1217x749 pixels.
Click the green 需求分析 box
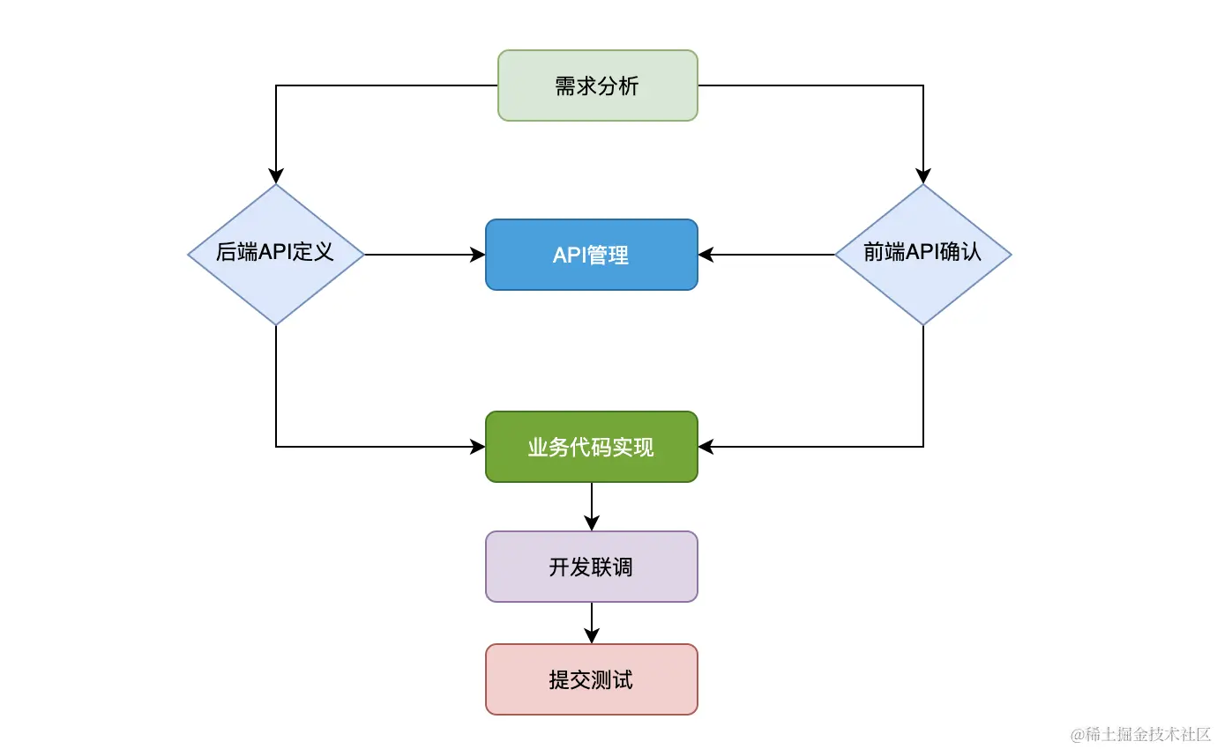coord(597,85)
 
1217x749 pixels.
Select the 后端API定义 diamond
coord(276,255)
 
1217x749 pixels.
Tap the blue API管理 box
coord(591,255)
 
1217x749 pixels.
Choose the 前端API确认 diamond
coord(922,255)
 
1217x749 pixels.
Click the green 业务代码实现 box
coord(591,447)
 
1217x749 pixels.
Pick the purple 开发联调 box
coord(591,567)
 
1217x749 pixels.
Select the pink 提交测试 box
coord(591,679)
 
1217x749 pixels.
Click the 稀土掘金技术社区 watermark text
coord(1141,734)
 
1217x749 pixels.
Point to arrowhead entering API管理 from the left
coord(478,255)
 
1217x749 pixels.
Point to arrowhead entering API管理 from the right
coord(706,255)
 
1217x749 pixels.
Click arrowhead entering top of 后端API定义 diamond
coord(276,176)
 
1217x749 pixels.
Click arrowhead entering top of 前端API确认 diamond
coord(923,176)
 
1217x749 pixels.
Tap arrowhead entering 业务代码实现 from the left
coord(478,447)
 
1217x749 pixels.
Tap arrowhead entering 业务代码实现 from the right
coord(706,447)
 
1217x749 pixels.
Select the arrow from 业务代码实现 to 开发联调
coord(591,507)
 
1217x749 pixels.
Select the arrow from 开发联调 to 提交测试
coord(591,623)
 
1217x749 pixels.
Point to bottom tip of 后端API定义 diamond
coord(276,324)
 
